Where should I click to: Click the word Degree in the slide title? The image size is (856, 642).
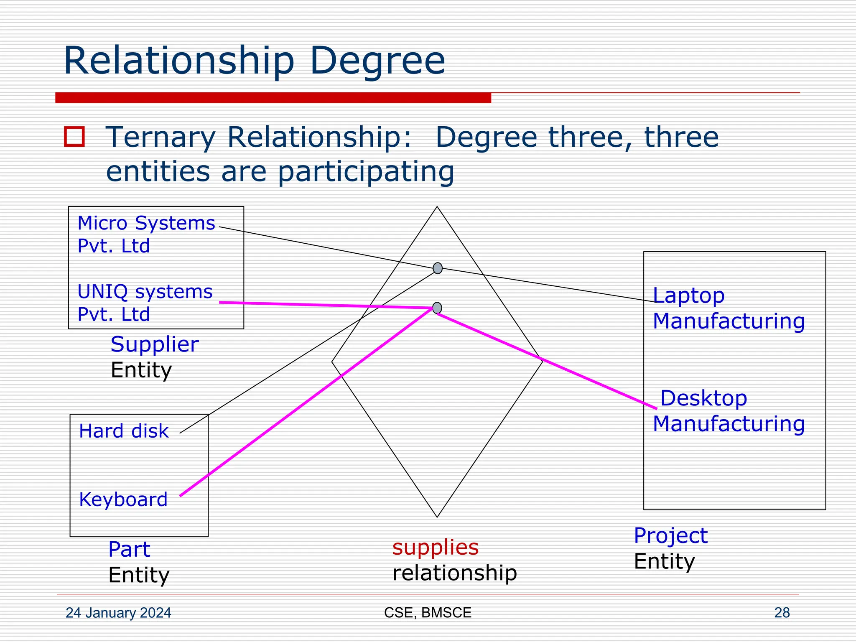tap(377, 61)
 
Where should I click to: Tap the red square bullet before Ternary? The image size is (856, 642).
tap(74, 137)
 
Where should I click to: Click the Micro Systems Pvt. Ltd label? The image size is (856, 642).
tap(146, 234)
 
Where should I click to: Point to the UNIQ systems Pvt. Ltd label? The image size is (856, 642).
tap(145, 303)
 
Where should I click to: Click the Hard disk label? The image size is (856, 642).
tap(124, 431)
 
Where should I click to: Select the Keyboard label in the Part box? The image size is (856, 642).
tap(123, 499)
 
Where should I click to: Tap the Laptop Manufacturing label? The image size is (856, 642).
tap(728, 308)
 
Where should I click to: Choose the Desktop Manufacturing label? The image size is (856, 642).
tap(728, 411)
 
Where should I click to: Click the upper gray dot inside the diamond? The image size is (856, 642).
tap(437, 268)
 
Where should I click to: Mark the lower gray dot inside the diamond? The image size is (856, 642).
tap(437, 308)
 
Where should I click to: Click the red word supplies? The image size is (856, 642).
tap(435, 547)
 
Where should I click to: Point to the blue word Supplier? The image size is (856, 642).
tap(154, 344)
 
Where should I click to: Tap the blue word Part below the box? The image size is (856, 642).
tap(129, 549)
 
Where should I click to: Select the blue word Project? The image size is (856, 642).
tap(670, 535)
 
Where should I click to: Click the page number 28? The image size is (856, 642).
tap(782, 613)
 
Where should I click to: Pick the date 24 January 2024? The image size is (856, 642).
tap(118, 613)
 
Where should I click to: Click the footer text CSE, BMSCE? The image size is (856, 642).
tap(428, 613)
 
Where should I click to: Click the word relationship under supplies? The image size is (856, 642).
tap(454, 573)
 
